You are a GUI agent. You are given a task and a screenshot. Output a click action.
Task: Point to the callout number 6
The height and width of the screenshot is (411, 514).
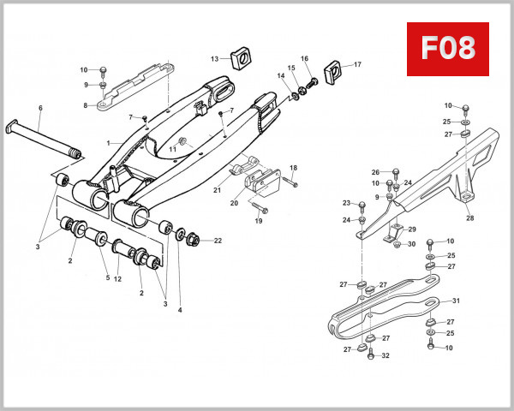39,108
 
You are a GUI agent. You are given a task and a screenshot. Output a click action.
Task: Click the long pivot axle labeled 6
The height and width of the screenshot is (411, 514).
43,138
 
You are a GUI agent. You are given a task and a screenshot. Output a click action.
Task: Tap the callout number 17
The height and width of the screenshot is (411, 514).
357,64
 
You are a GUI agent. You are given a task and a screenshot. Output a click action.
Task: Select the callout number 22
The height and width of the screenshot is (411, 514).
218,241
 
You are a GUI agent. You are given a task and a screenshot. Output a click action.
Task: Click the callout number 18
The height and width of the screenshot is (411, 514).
293,168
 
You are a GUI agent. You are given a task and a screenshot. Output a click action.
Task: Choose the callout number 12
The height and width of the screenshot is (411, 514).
117,278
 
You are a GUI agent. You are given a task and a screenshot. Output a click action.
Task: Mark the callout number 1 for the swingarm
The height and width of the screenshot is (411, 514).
107,141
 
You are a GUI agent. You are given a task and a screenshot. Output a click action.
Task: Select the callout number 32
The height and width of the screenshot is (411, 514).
385,355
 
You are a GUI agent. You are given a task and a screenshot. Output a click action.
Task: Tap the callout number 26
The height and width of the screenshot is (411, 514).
374,172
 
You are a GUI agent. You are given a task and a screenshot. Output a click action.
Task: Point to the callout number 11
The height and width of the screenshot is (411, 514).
171,149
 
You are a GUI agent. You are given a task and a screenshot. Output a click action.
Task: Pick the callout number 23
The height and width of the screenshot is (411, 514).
347,203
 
